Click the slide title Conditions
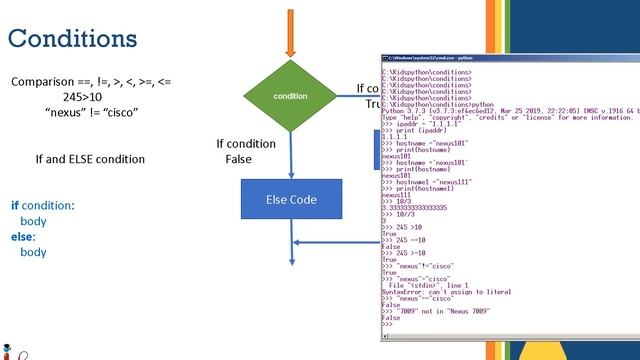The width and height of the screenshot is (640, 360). [72, 38]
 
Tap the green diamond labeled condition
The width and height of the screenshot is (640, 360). [290, 96]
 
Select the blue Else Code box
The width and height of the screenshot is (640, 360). [290, 199]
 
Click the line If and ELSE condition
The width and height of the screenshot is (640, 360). [90, 159]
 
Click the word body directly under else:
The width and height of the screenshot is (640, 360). [33, 252]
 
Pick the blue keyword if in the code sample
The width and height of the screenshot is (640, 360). [15, 205]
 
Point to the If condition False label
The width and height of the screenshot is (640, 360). [245, 151]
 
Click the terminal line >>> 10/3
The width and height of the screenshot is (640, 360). [400, 200]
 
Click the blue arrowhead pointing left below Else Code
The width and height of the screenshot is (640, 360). [297, 242]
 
